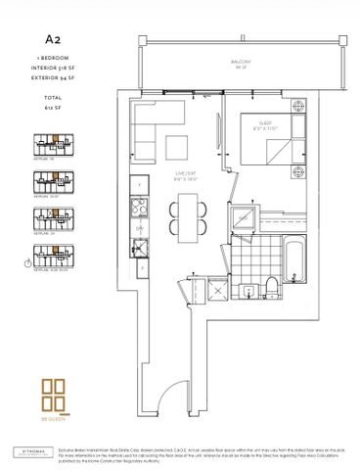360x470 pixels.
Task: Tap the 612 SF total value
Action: click(x=44, y=98)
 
